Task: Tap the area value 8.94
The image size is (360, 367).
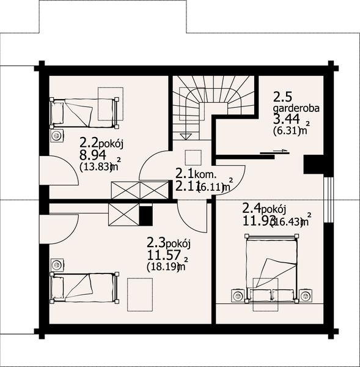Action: pyautogui.click(x=92, y=155)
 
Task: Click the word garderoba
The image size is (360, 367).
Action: pyautogui.click(x=296, y=109)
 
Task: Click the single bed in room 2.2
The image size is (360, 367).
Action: pyautogui.click(x=84, y=111)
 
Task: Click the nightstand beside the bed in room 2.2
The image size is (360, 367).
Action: pyautogui.click(x=57, y=135)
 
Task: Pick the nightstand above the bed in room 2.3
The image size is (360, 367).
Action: pyautogui.click(x=57, y=265)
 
